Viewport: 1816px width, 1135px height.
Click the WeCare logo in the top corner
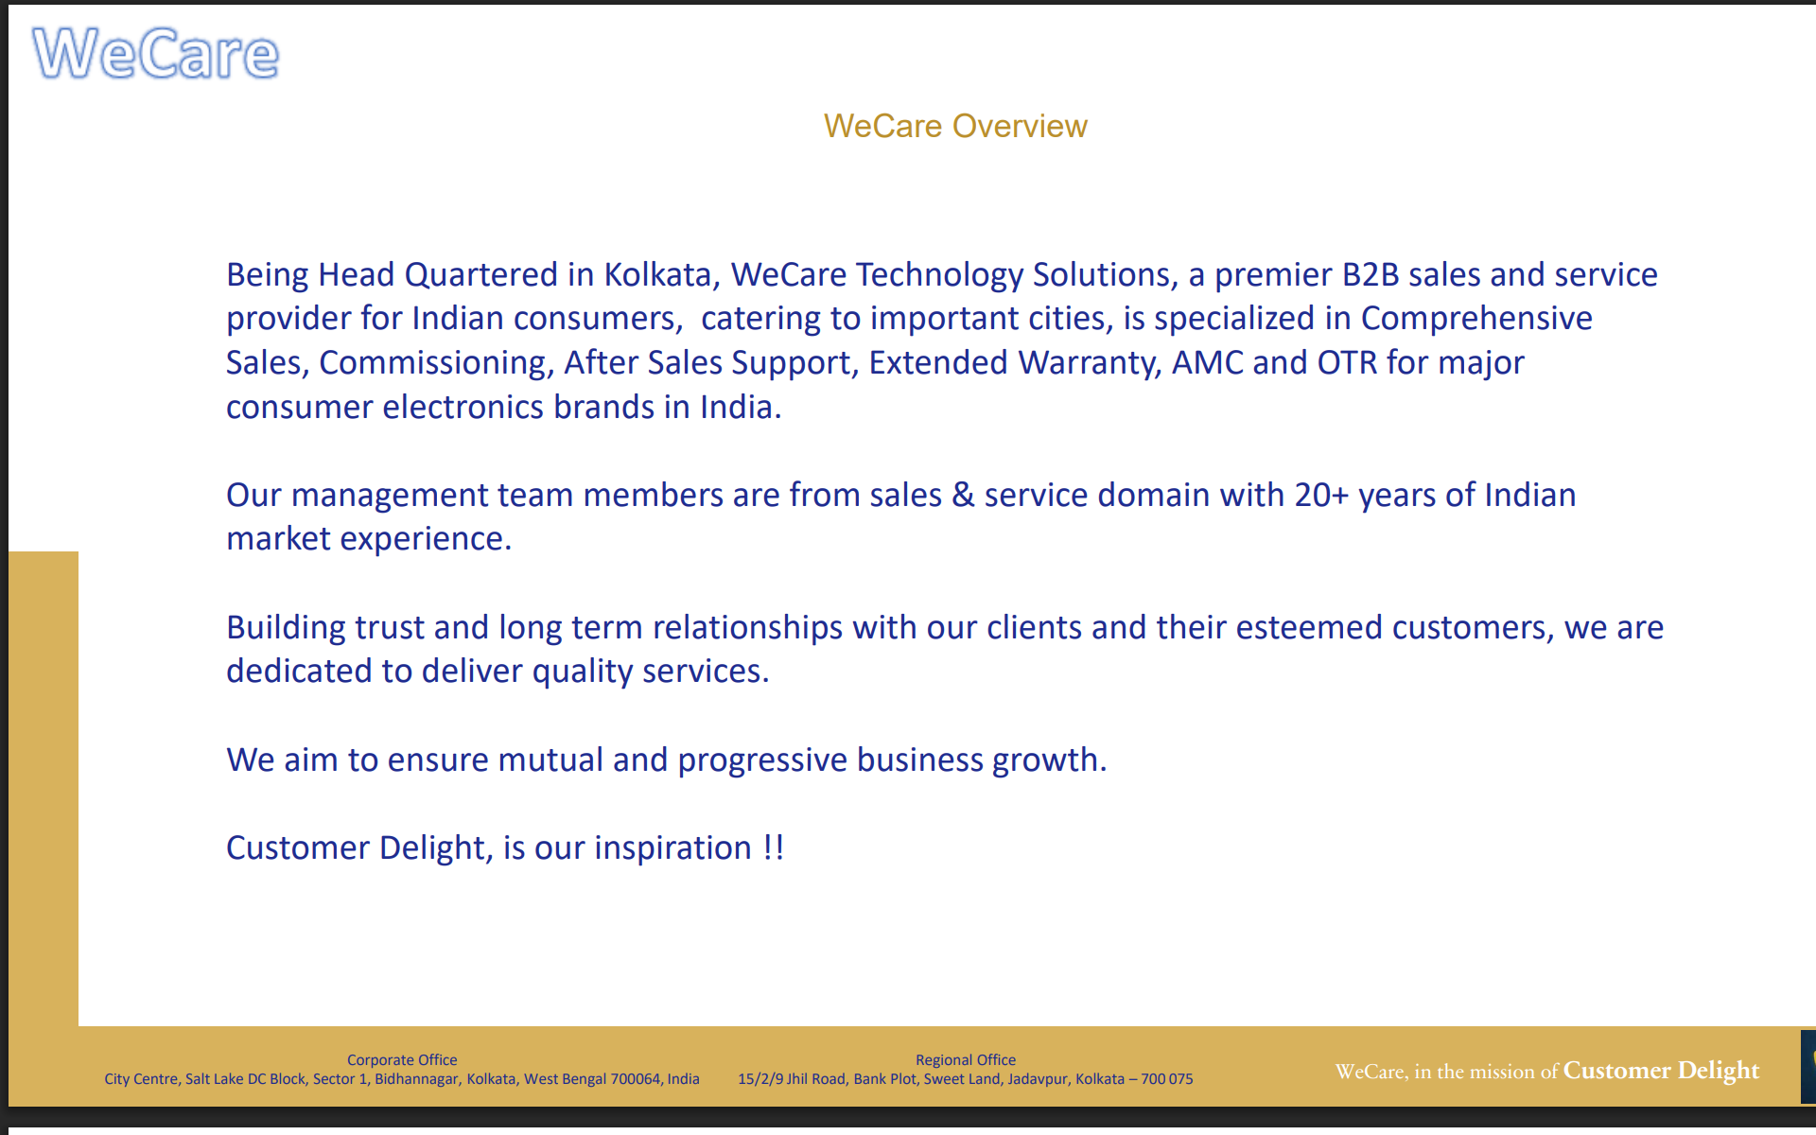click(x=156, y=53)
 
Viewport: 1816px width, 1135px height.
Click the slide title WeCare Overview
click(x=955, y=126)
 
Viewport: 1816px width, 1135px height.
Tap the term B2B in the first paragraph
click(x=1370, y=274)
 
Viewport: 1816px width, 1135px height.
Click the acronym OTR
click(x=1347, y=362)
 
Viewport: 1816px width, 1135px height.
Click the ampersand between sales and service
click(x=963, y=495)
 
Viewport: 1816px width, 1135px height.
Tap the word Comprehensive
click(x=1476, y=319)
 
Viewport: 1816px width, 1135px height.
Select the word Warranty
click(x=1091, y=363)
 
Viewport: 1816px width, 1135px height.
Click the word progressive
click(x=762, y=760)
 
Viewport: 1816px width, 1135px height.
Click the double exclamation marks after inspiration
click(x=774, y=847)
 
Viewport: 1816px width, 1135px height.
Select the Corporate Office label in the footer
click(x=402, y=1060)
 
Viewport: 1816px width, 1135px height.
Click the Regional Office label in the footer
click(x=966, y=1060)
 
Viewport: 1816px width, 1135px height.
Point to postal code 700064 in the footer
click(x=637, y=1079)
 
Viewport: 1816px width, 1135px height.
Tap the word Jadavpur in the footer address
click(x=1038, y=1079)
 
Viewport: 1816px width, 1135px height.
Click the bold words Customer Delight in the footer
click(x=1661, y=1071)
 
